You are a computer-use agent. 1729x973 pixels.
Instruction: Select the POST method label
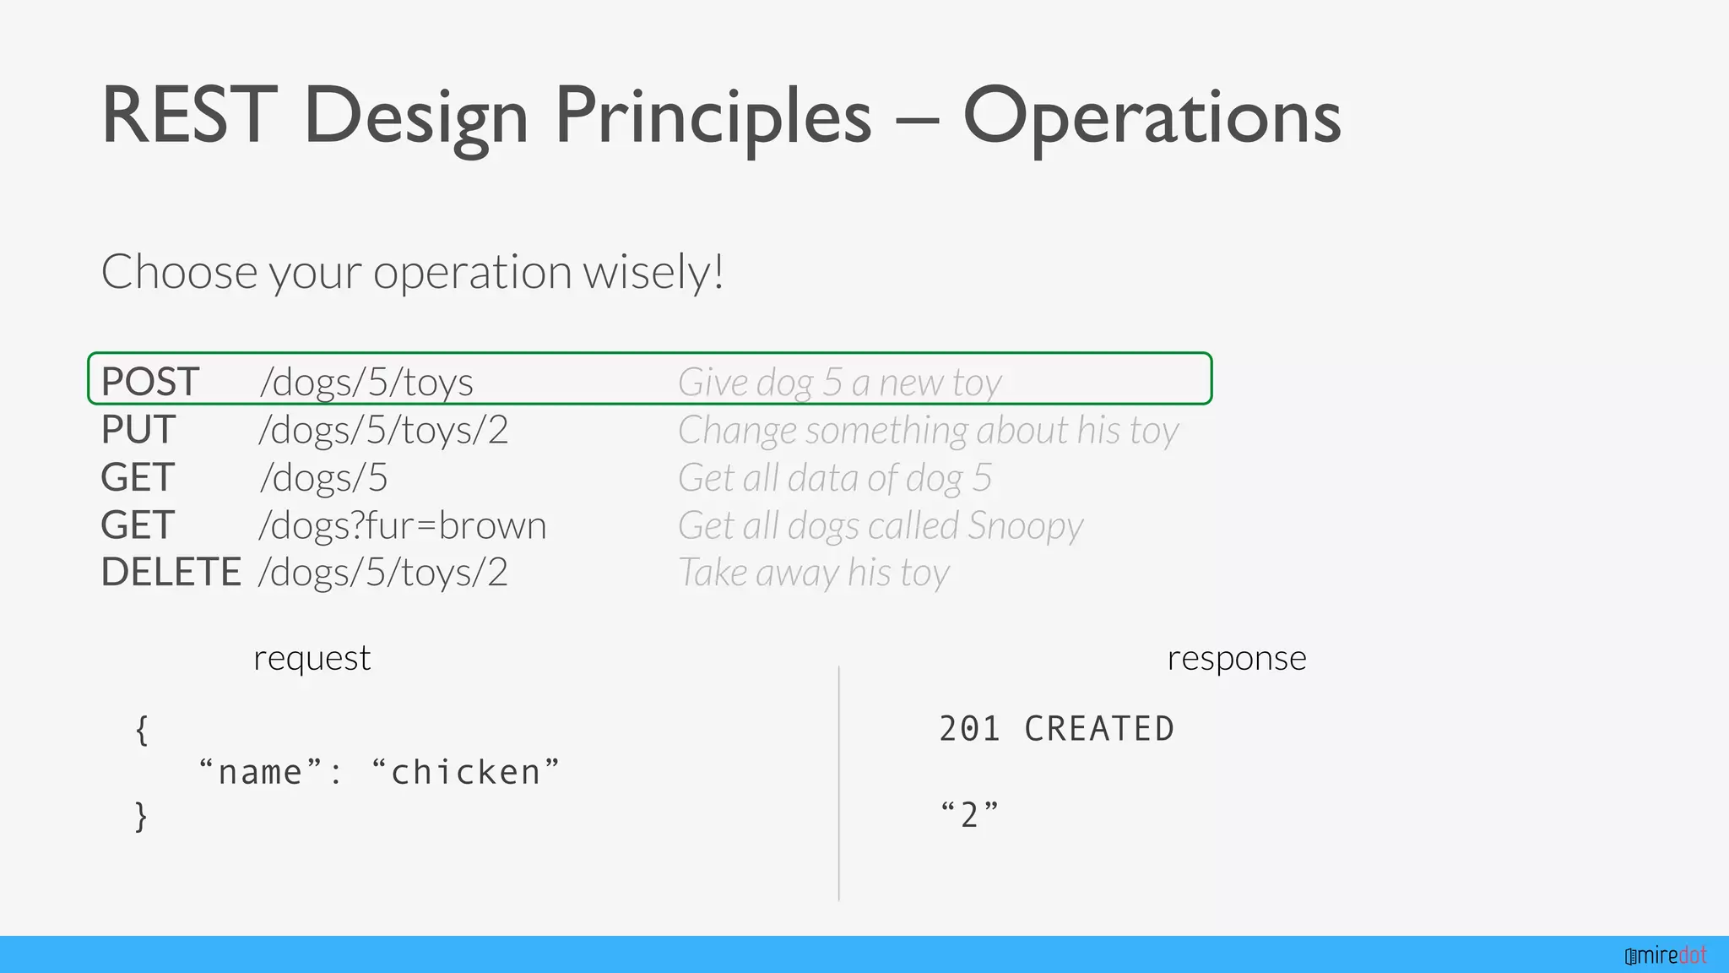(x=150, y=382)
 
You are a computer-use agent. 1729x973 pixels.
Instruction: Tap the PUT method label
(x=138, y=430)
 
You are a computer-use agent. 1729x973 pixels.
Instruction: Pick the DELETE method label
(x=171, y=573)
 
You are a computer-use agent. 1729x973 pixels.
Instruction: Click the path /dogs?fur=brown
(x=403, y=525)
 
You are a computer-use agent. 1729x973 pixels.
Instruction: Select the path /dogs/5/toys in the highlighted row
(x=366, y=382)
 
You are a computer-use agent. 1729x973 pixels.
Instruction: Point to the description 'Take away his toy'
(x=814, y=573)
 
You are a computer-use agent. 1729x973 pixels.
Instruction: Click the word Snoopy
(x=1025, y=525)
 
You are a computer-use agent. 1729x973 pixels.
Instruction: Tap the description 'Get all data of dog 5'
(x=834, y=478)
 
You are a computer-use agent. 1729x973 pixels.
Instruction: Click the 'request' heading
(x=312, y=658)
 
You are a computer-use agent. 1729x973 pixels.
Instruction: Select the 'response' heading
(x=1236, y=658)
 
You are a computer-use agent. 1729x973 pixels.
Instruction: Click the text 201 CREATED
(x=1056, y=729)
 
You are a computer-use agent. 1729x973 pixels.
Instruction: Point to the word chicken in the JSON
(x=465, y=772)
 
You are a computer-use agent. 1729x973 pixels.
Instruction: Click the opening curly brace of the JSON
(x=142, y=730)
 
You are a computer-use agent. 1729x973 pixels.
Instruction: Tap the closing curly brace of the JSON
(x=142, y=817)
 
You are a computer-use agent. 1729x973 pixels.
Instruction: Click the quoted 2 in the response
(x=969, y=815)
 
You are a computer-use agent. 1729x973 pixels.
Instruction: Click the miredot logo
(x=1665, y=955)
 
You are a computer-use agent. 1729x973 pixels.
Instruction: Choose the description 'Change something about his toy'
(x=928, y=430)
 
